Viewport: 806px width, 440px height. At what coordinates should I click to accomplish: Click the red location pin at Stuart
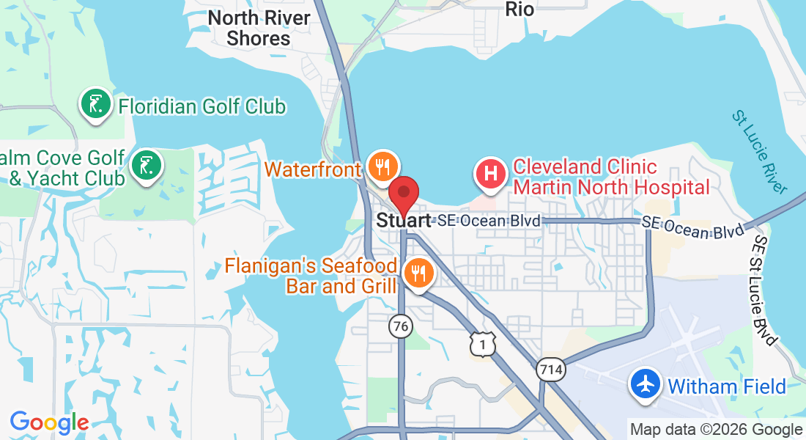(x=403, y=194)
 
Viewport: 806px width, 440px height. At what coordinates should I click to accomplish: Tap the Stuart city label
(x=403, y=220)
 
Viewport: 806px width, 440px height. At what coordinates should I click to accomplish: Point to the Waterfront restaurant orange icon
(x=382, y=167)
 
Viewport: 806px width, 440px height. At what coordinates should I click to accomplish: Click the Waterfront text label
(x=313, y=169)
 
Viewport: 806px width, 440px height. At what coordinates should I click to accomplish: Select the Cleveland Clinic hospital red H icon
(x=492, y=175)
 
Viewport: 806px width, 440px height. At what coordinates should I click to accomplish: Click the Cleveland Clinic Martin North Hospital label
(x=611, y=177)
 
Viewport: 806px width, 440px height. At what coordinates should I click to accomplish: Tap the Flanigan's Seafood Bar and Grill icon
(x=418, y=274)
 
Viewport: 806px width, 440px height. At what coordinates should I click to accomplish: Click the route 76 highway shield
(x=401, y=327)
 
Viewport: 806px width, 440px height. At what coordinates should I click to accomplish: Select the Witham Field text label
(x=727, y=386)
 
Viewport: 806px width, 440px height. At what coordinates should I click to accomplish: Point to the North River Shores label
(x=259, y=28)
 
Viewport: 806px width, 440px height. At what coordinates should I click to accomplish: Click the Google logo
(x=49, y=422)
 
